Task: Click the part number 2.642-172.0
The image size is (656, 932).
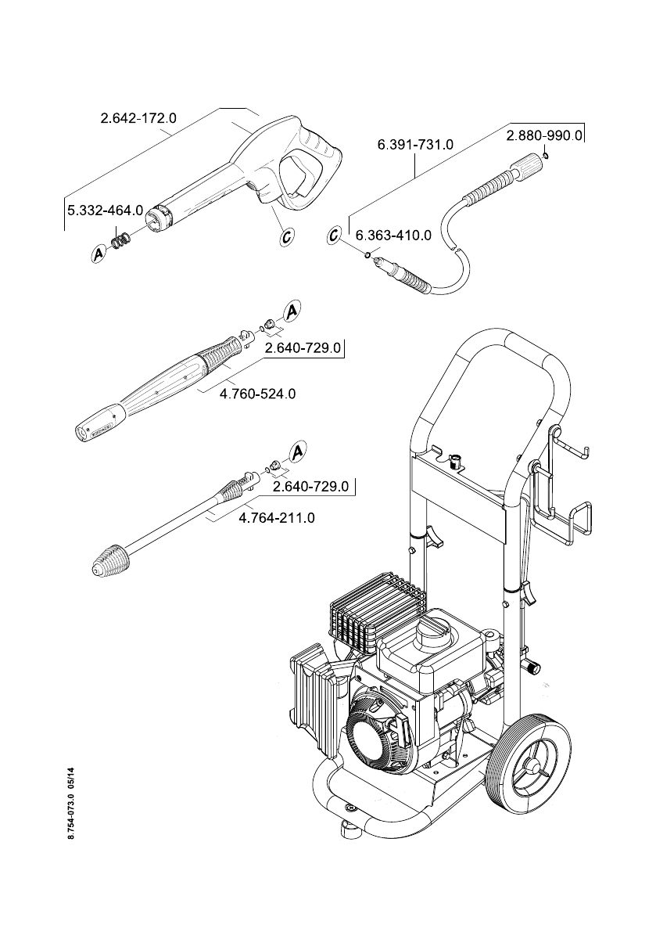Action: click(138, 119)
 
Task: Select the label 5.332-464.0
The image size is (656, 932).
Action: click(106, 211)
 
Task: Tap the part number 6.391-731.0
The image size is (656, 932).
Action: click(415, 145)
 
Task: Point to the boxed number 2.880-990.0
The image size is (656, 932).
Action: click(544, 135)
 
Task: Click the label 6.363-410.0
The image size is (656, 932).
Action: click(393, 236)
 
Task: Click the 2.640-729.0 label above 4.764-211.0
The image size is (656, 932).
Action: click(310, 487)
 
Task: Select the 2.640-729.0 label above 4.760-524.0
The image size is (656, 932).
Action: click(303, 348)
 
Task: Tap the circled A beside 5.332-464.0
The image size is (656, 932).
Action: click(99, 254)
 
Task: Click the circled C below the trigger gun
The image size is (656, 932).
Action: click(286, 236)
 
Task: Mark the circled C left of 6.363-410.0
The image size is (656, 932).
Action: click(335, 235)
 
